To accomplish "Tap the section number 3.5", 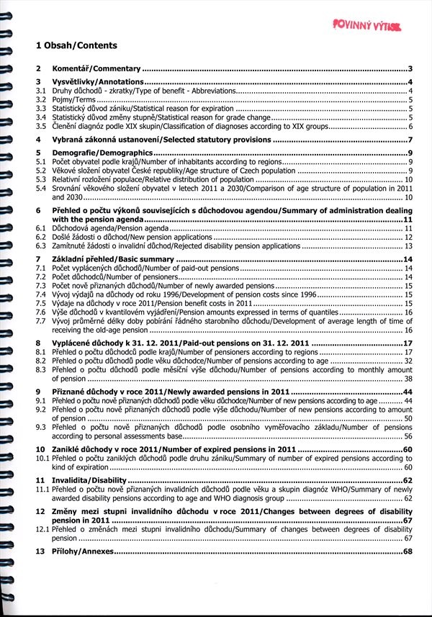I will click(x=42, y=126).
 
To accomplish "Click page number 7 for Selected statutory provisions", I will click(x=409, y=140).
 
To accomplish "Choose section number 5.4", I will click(x=42, y=188).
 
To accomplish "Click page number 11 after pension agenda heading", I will click(x=408, y=219).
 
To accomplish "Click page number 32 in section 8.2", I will click(x=408, y=361).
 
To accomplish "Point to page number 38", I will click(x=408, y=378).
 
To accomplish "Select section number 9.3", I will click(x=42, y=427).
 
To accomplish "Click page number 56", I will click(x=408, y=436).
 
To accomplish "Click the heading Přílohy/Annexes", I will click(x=83, y=551).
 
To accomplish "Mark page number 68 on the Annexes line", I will click(x=408, y=551).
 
